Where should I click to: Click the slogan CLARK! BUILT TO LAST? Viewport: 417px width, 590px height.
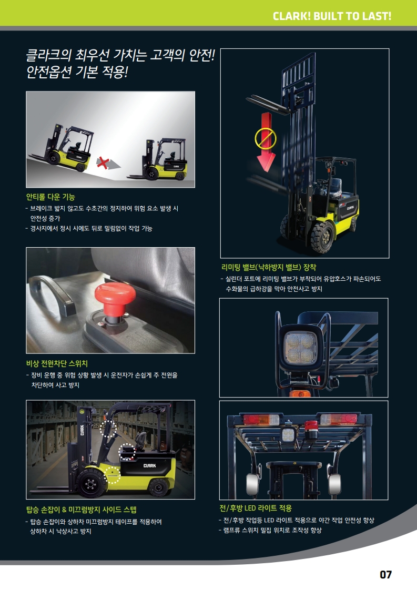point(332,16)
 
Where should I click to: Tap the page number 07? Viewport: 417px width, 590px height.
point(386,575)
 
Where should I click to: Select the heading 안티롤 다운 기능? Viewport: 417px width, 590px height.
point(50,197)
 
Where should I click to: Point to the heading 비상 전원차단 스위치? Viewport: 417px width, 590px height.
point(57,363)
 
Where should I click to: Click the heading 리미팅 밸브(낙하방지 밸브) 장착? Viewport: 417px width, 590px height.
point(269,268)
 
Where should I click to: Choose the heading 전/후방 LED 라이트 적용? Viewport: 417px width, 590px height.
point(256,508)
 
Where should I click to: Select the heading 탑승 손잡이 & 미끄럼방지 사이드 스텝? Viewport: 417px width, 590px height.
point(82,510)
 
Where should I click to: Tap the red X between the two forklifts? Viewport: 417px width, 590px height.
point(103,162)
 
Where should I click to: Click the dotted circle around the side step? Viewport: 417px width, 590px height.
point(112,475)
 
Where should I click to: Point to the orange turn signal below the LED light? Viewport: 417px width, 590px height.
point(300,393)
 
